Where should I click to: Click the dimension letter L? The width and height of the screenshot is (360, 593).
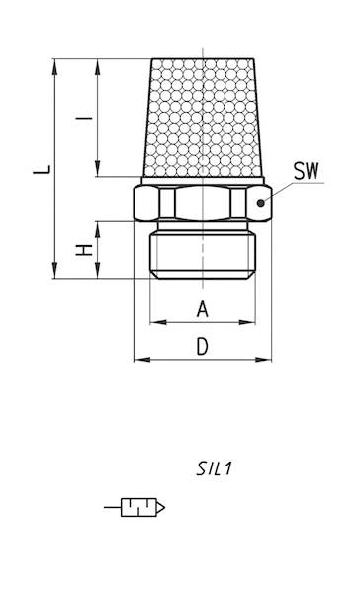(42, 169)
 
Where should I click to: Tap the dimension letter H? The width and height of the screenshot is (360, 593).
(84, 250)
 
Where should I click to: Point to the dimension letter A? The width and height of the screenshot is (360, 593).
(203, 309)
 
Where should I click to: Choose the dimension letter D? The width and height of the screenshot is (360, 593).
(203, 347)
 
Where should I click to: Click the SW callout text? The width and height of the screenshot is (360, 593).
(307, 171)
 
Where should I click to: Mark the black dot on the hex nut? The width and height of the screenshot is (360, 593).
(260, 203)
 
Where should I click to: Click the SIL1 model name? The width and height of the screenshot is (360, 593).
(214, 468)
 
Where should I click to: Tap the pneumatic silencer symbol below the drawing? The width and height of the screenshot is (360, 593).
(135, 507)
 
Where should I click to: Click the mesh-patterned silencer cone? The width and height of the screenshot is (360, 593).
(203, 118)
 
